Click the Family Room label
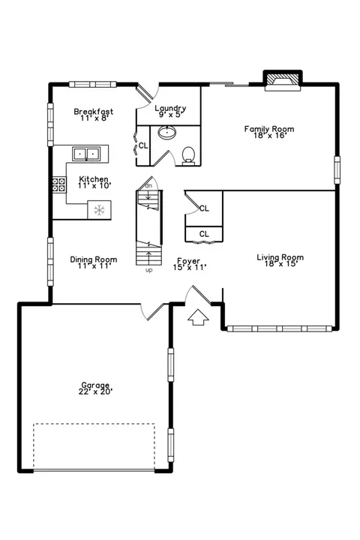click(x=269, y=132)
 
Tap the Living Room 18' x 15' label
click(x=280, y=260)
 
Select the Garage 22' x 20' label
click(x=95, y=388)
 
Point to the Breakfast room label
click(x=94, y=115)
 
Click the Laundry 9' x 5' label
click(x=170, y=111)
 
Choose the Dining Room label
click(x=94, y=262)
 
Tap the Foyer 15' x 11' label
click(x=189, y=264)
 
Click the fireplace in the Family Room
click(x=283, y=81)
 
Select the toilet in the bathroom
click(x=188, y=155)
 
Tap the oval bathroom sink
click(x=167, y=132)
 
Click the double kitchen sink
click(x=86, y=153)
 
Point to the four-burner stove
click(x=59, y=184)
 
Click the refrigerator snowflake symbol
click(x=99, y=210)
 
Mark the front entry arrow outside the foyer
click(x=198, y=317)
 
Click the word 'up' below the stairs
click(x=148, y=270)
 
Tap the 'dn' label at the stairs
click(x=148, y=186)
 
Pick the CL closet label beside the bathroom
click(x=143, y=145)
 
